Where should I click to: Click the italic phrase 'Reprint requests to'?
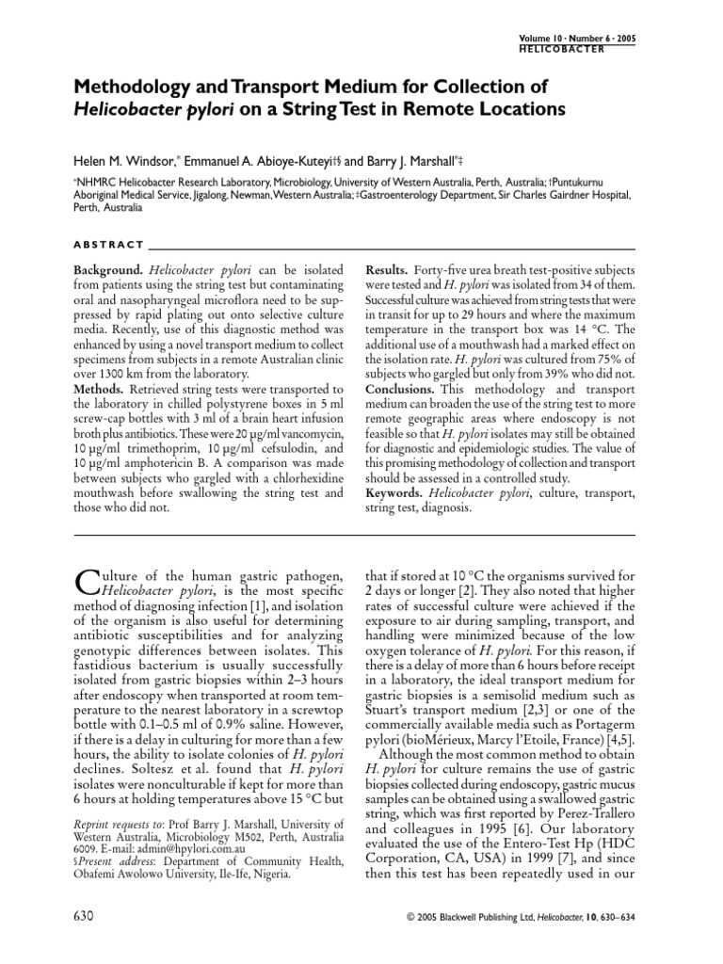click(x=117, y=819)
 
